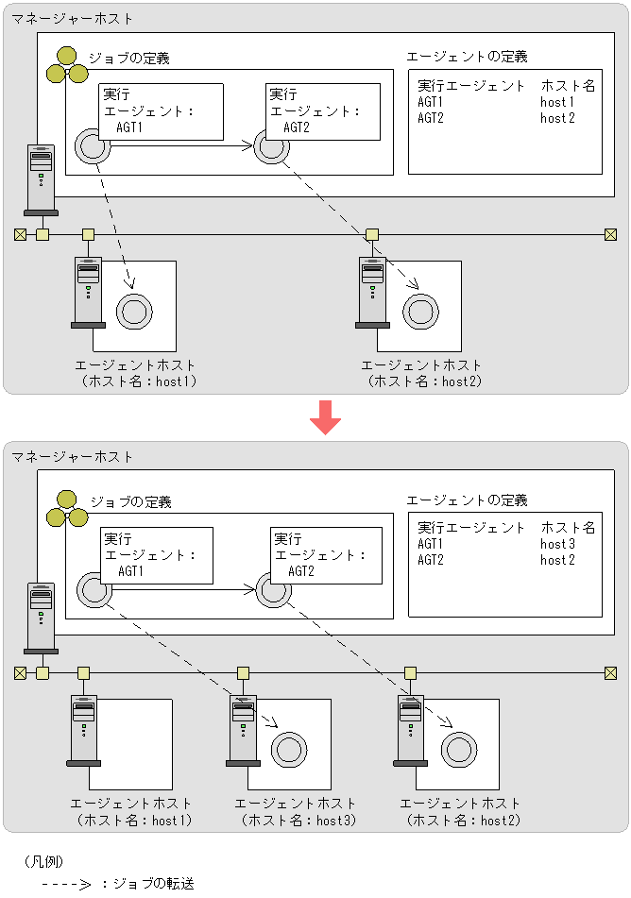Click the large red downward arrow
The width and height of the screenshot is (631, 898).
(x=325, y=416)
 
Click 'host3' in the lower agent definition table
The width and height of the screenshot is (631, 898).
(x=557, y=544)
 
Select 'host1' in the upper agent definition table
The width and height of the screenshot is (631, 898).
(x=557, y=102)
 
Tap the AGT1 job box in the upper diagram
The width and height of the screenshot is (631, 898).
(x=161, y=110)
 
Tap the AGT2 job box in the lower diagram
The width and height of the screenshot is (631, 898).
(x=326, y=554)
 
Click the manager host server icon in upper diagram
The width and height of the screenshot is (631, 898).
(x=41, y=179)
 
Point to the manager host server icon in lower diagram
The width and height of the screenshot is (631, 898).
(x=41, y=618)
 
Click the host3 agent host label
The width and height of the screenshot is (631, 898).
(x=296, y=812)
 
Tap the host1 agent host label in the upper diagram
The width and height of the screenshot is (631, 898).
(x=137, y=373)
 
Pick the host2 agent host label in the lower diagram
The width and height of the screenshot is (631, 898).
(x=461, y=812)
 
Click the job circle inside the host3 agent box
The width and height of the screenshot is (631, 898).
(x=288, y=750)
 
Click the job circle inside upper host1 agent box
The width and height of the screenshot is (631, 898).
(x=133, y=310)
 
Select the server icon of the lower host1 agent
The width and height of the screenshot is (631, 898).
(x=84, y=731)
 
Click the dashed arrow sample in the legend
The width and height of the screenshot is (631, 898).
(x=65, y=885)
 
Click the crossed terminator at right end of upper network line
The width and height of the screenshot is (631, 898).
(x=610, y=234)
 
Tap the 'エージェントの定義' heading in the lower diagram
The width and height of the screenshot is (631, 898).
(x=467, y=500)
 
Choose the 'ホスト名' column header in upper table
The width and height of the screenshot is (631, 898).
(x=569, y=86)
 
